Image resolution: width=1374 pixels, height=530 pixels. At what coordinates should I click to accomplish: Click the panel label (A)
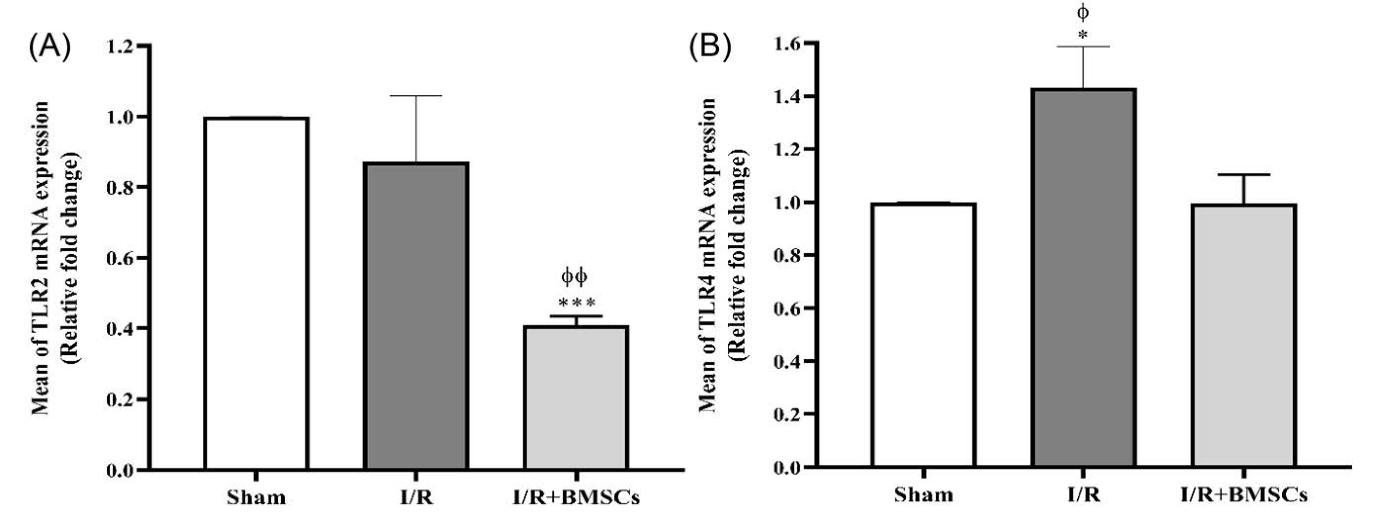click(49, 49)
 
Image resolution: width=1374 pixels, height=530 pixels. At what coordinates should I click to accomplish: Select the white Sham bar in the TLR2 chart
click(256, 293)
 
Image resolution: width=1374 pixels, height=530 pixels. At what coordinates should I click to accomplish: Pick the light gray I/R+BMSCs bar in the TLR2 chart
click(576, 397)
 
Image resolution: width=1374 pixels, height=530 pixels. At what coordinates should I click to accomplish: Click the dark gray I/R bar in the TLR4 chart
click(1083, 277)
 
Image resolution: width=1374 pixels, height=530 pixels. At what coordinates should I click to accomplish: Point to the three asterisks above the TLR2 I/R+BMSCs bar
click(577, 304)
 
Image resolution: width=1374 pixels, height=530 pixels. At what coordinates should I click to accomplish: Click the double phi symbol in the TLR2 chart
click(574, 276)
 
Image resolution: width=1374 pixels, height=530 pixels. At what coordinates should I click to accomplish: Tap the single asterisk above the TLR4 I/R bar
click(1083, 36)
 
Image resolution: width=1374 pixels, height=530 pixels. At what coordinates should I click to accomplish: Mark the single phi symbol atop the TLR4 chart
click(1083, 12)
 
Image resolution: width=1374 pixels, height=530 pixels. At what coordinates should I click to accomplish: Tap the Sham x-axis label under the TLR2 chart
click(256, 497)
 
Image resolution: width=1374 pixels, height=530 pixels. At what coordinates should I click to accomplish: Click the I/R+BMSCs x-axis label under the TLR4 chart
click(1244, 495)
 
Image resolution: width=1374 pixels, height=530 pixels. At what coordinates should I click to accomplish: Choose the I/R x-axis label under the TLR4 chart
click(1083, 495)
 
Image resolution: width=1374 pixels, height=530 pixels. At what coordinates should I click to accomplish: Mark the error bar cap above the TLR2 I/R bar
click(416, 95)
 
